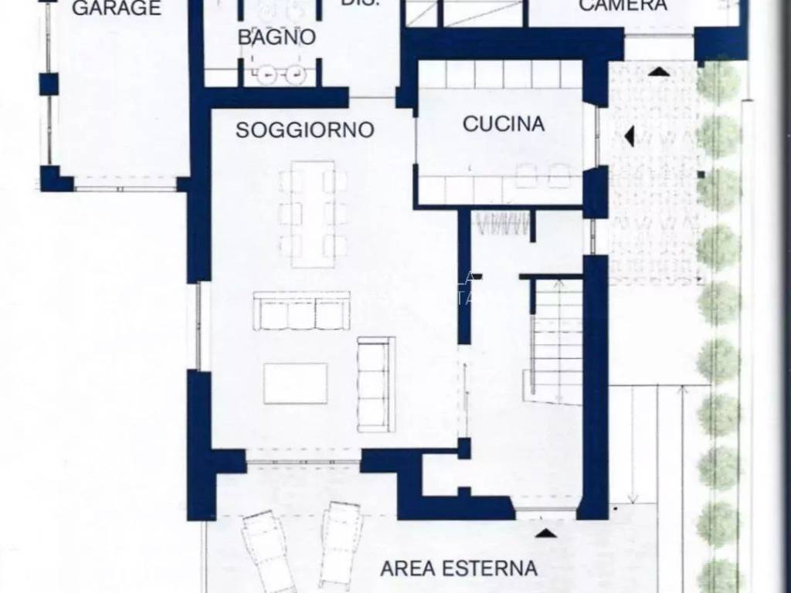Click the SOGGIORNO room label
coord(304,130)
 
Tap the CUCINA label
coord(503,124)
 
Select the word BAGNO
coord(276,37)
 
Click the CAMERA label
coord(623,5)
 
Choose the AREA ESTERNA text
coord(459,569)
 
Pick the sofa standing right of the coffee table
coord(376,384)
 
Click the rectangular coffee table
coord(295,384)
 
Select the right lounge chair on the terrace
coord(341,540)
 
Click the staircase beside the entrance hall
coord(556,340)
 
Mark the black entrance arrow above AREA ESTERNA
coord(545,532)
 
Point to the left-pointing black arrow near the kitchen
coord(629,136)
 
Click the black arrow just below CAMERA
coord(658,71)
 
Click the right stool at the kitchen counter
coord(558,176)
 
